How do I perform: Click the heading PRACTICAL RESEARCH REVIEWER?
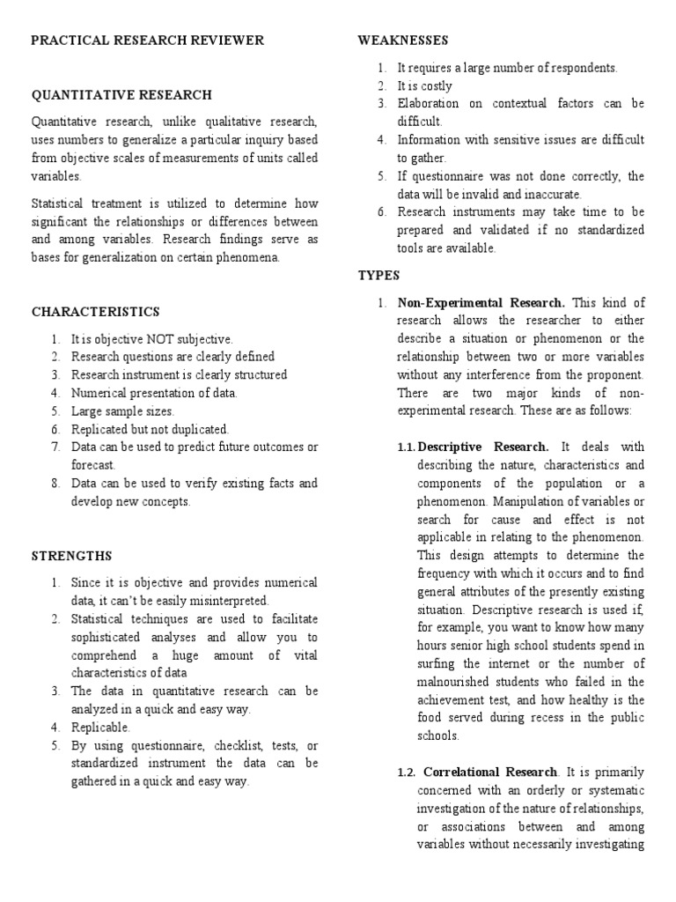click(148, 41)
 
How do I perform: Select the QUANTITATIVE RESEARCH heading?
click(121, 95)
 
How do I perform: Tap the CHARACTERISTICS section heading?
click(96, 312)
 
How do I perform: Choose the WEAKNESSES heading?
click(403, 41)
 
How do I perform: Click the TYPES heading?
click(378, 275)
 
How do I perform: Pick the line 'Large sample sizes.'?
click(123, 410)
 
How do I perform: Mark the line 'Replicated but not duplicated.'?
click(150, 429)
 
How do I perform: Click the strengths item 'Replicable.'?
click(100, 727)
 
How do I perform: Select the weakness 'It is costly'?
click(424, 85)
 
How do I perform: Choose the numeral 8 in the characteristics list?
click(55, 484)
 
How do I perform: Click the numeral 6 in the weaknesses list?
click(382, 212)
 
